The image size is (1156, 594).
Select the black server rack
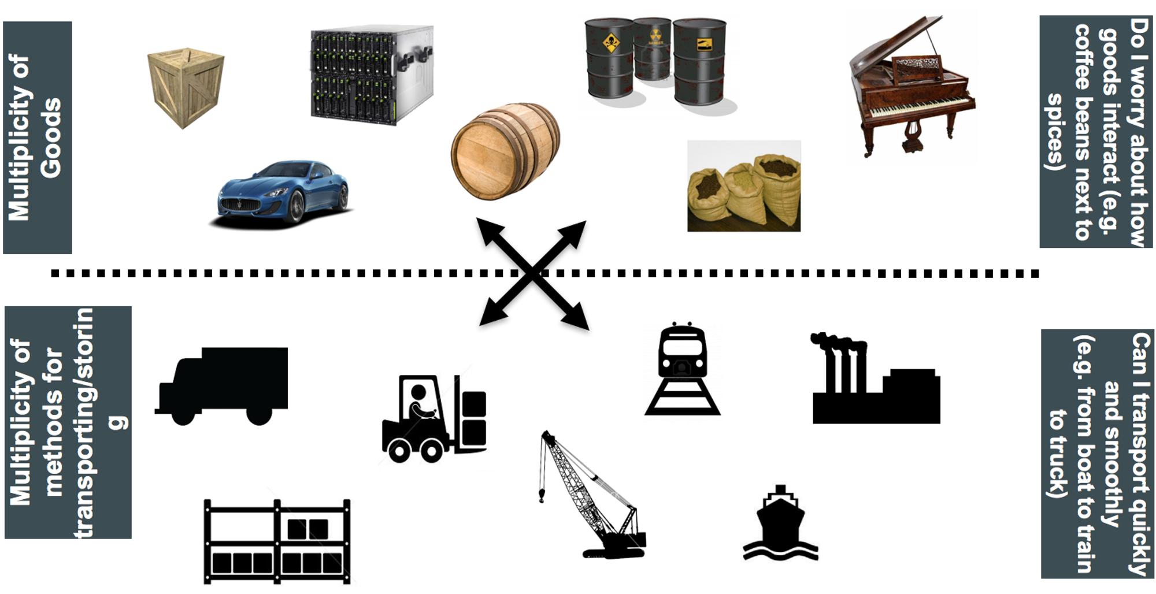coord(372,74)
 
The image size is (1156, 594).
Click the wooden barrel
coord(505,151)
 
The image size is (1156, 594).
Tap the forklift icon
coord(434,418)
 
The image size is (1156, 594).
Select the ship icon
coord(780,523)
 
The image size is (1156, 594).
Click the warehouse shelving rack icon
coord(277,541)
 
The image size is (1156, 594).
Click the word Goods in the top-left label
coord(51,138)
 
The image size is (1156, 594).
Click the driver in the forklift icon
coord(419,404)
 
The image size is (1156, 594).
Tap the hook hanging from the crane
coord(542,495)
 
